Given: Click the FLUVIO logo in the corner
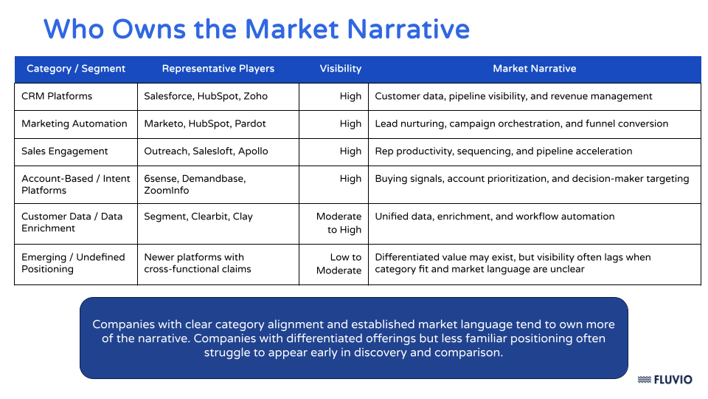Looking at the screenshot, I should click(x=664, y=380).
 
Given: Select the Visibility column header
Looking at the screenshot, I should click(x=340, y=69).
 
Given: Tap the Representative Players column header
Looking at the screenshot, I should click(x=218, y=69).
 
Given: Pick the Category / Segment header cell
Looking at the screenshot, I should click(x=76, y=69).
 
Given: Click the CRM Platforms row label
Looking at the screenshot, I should click(x=57, y=96).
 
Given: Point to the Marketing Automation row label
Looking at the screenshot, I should click(x=74, y=123).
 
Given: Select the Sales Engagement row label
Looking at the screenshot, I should click(x=65, y=151).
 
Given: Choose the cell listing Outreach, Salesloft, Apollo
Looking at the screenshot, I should click(x=206, y=151).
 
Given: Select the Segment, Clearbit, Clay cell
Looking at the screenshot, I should click(x=198, y=216).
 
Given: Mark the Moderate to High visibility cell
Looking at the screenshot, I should click(x=339, y=223).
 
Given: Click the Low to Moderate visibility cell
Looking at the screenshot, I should click(x=339, y=264).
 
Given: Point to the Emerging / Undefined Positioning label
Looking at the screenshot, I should click(x=73, y=263).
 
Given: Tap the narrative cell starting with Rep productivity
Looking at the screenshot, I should click(x=504, y=151).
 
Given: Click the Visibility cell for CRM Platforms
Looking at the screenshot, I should click(x=350, y=96).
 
